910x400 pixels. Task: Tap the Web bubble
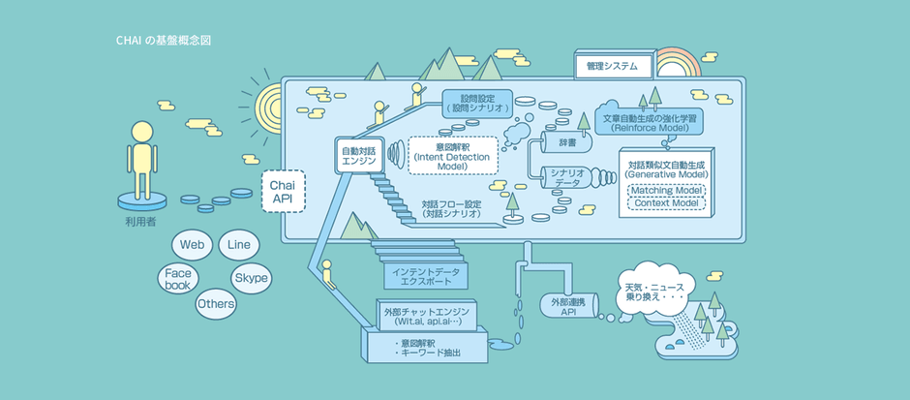click(191, 245)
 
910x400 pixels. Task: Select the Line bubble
click(238, 245)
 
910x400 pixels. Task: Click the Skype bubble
click(251, 278)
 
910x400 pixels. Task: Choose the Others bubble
click(216, 304)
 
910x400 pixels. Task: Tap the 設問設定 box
click(478, 103)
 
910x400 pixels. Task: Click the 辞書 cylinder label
click(567, 142)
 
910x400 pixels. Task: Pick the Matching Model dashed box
click(667, 190)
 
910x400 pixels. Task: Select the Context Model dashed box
click(667, 203)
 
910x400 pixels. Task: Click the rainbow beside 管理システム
click(682, 65)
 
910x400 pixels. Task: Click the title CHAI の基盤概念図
click(163, 42)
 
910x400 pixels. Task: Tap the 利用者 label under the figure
click(141, 222)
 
